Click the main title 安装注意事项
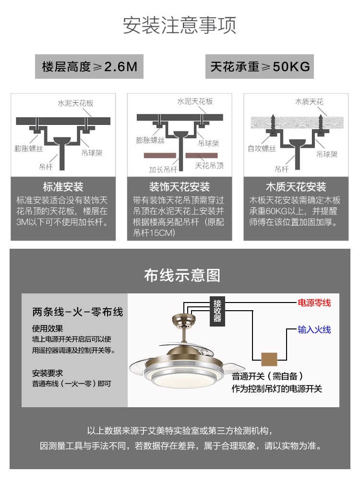tap(180, 25)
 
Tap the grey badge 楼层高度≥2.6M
tap(89, 67)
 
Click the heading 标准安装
tap(63, 187)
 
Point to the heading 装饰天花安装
tap(180, 187)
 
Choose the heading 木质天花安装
tap(296, 187)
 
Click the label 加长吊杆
tap(162, 170)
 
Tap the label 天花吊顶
tap(209, 166)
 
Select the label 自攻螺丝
tap(262, 149)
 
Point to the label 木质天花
tap(309, 102)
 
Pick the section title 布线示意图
tap(182, 275)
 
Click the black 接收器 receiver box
tap(217, 311)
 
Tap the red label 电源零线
tap(314, 303)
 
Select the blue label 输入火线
tap(314, 330)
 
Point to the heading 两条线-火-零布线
tap(78, 312)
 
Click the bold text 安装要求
tap(48, 373)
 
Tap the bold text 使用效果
tap(48, 329)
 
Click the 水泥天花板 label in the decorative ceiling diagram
tap(195, 102)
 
